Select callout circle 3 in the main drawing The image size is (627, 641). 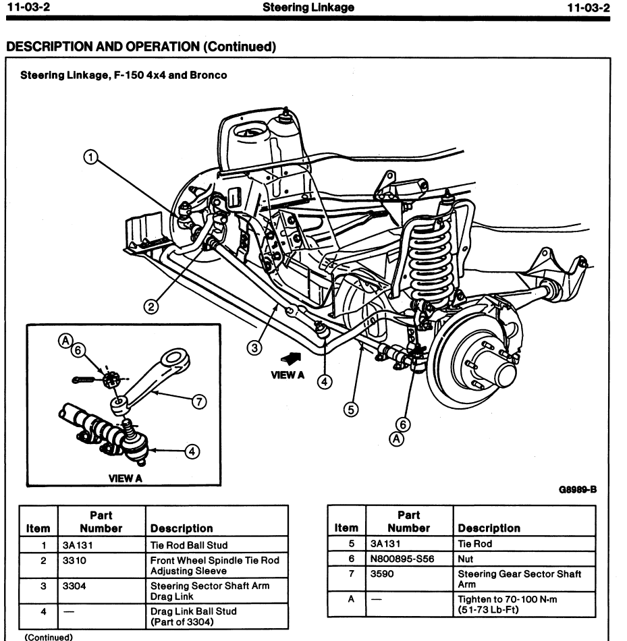(254, 347)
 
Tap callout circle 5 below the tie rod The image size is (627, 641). (349, 410)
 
